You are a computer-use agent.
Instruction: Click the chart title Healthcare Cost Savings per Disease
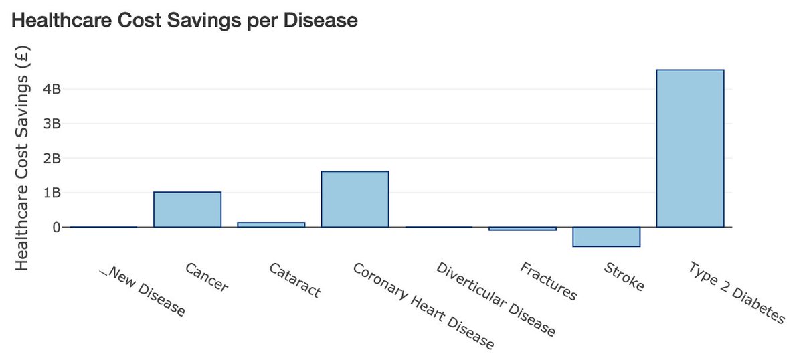(x=185, y=21)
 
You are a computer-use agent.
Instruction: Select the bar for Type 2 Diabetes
(x=690, y=149)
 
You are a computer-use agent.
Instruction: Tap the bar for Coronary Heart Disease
(x=355, y=199)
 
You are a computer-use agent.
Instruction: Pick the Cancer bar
(x=187, y=209)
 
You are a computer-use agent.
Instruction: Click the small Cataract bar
(x=271, y=225)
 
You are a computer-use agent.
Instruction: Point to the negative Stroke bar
(x=606, y=237)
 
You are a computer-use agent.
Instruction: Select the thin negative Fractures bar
(x=523, y=229)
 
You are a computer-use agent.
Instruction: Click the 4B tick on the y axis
(x=52, y=89)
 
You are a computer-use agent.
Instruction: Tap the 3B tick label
(x=52, y=124)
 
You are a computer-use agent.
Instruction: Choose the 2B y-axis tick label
(x=52, y=159)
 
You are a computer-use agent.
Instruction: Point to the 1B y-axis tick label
(x=52, y=193)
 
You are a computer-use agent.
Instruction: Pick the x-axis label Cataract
(x=294, y=280)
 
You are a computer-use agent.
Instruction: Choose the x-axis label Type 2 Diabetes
(x=735, y=293)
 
